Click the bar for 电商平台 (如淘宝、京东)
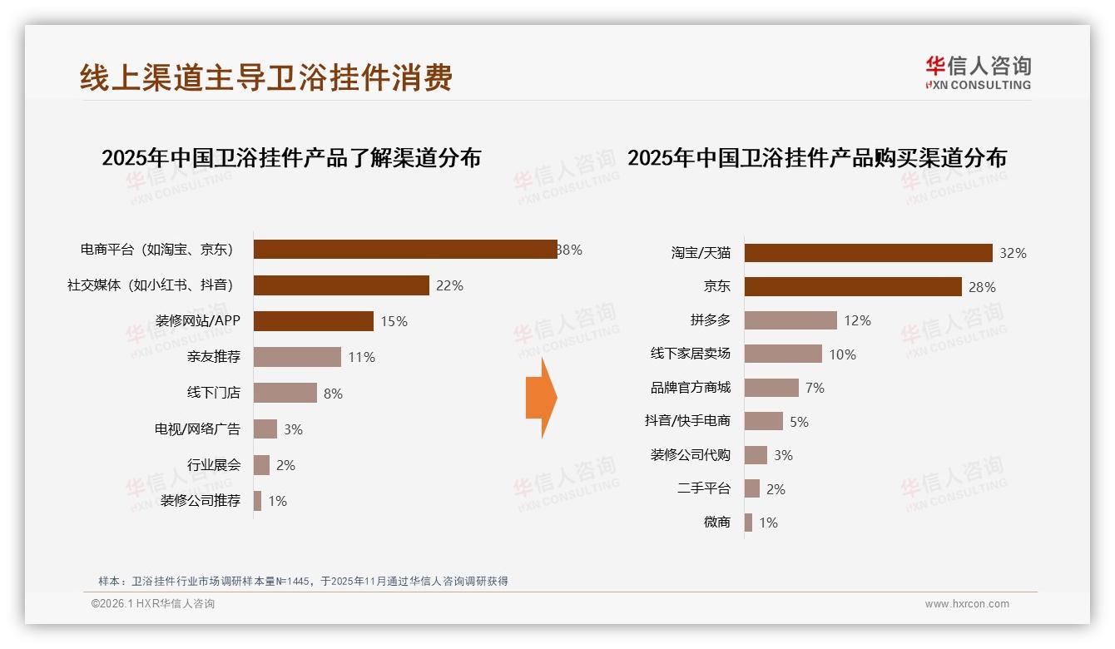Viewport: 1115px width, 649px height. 405,250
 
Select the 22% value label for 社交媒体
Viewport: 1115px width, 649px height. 449,285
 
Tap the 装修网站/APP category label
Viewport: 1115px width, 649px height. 198,321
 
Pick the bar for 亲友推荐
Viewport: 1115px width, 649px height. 297,357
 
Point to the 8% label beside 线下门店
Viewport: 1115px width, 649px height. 333,394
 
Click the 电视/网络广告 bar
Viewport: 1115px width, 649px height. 265,429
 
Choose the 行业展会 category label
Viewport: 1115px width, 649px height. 214,465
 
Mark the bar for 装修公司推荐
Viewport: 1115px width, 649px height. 258,501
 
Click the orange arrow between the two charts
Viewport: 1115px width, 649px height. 541,398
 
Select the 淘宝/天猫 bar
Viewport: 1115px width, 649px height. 868,253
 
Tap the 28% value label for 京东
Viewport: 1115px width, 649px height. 982,287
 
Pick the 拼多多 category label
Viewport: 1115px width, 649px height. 710,320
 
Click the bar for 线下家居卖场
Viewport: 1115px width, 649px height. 783,354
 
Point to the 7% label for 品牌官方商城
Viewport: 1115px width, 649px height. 815,389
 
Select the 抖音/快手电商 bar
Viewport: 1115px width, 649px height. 764,421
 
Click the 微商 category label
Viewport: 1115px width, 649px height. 716,523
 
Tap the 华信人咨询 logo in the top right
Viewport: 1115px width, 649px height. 978,72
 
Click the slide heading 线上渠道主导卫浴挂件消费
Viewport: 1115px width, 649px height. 266,77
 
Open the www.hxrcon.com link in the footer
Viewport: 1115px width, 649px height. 967,604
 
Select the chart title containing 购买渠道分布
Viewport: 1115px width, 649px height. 816,158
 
